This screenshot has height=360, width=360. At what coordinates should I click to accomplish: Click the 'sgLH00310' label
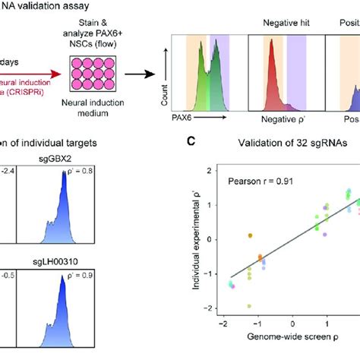56,245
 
